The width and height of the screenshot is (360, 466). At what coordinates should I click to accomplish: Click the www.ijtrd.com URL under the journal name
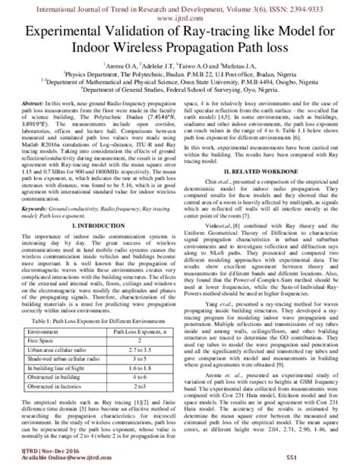click(180, 14)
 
